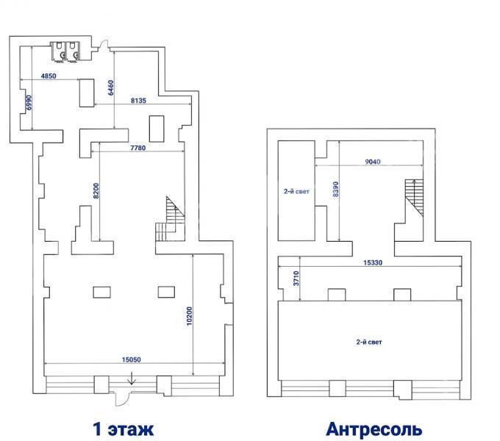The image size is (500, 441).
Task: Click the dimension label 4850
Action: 49,76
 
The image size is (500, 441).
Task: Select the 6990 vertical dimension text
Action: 29,102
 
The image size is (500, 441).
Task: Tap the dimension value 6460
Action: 110,87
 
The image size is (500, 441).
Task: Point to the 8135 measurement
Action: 138,101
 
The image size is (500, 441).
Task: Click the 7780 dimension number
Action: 137,148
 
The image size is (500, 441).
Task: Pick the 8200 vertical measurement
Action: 96,191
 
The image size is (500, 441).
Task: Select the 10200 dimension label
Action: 189,316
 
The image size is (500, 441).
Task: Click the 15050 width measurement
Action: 131,359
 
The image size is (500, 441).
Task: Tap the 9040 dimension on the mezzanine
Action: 373,162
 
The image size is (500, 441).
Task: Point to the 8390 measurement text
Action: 335,190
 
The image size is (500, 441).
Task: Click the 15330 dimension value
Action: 373,262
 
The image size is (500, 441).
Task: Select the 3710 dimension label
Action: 296,278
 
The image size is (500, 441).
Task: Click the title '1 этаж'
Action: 123,429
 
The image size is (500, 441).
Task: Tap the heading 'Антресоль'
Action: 374,429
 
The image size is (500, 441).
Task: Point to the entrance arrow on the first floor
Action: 132,378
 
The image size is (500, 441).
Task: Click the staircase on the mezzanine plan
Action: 414,198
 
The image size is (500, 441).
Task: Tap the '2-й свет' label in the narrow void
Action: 296,192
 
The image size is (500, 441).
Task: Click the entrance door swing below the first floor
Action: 122,399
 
